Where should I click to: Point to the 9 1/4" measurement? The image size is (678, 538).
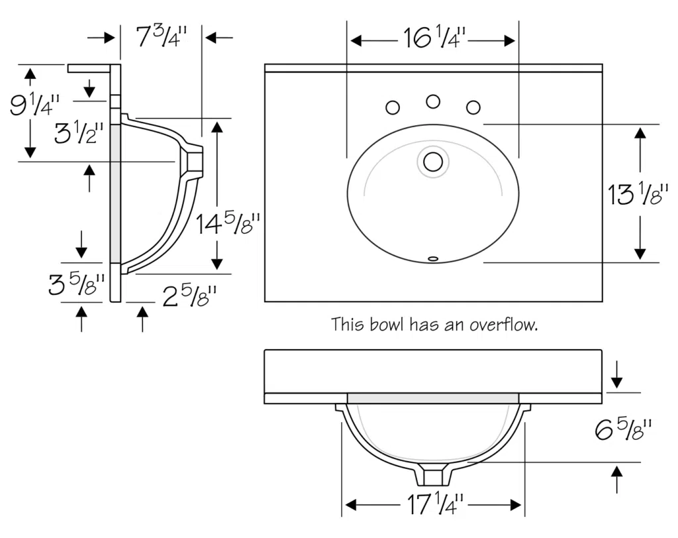click(x=34, y=104)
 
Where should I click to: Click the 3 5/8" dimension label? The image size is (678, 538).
click(x=77, y=286)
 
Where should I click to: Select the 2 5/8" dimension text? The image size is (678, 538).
click(x=190, y=297)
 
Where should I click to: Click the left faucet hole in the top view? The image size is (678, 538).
click(x=393, y=107)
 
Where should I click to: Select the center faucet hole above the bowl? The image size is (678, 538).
click(x=433, y=101)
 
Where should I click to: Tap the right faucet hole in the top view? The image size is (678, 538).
click(x=473, y=107)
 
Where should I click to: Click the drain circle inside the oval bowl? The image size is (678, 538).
click(x=433, y=162)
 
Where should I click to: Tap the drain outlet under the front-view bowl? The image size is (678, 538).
click(x=434, y=476)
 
